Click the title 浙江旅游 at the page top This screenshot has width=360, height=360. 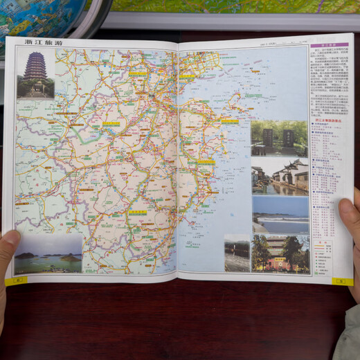pos(43,42)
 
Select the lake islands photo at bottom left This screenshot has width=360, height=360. pos(48,254)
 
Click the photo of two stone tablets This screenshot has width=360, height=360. pos(278,138)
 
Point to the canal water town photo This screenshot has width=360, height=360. pos(280,177)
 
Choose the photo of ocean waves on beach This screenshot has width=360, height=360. pos(280,215)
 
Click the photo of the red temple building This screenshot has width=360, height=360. pos(280,253)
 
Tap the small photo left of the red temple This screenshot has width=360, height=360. pos(237,253)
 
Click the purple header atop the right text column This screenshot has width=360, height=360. pos(319,45)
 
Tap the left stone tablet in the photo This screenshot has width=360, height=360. pos(268,137)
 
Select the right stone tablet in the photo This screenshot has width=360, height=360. pos(288,137)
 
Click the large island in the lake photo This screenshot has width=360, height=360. pos(70,258)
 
